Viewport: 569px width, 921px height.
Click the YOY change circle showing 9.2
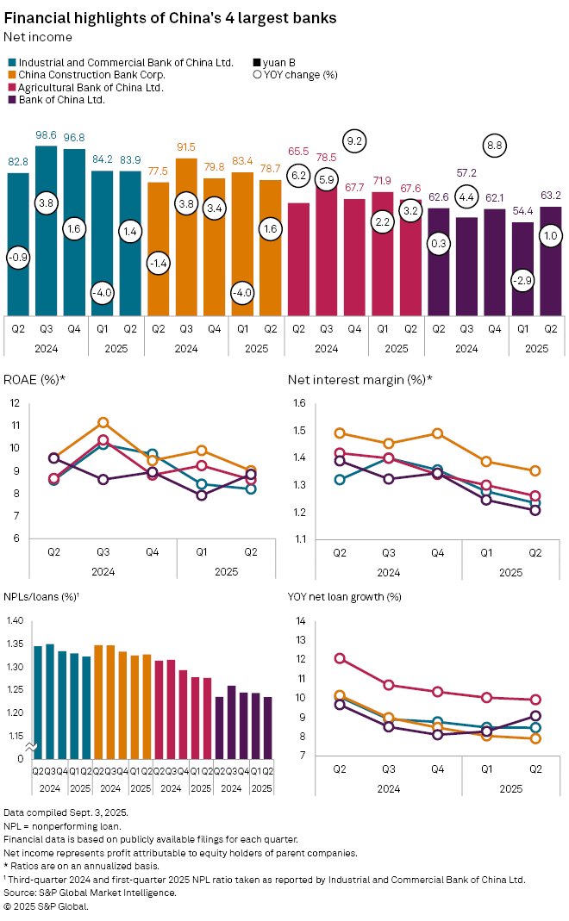pos(354,140)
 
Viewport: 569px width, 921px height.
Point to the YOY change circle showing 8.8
pos(494,146)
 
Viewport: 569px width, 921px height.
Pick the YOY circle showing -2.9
pos(522,282)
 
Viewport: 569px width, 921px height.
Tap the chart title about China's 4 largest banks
pos(171,18)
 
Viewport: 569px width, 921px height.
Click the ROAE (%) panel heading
pos(37,380)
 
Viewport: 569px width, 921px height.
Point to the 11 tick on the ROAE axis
pos(15,426)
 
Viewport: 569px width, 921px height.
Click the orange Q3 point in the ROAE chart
pos(103,423)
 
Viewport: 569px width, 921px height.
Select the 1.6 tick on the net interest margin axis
pos(298,403)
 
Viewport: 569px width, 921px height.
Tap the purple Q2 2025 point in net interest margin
pos(535,510)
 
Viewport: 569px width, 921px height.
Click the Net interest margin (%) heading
pos(360,380)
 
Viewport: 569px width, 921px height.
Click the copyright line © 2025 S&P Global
pos(47,905)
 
